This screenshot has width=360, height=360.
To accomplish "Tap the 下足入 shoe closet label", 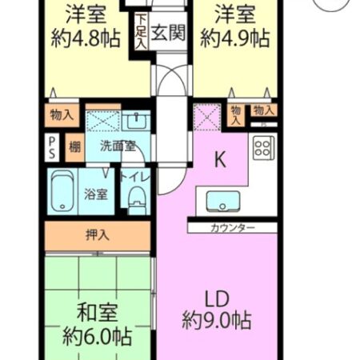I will pos(141,31).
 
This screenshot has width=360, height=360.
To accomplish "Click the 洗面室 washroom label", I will pos(118,146).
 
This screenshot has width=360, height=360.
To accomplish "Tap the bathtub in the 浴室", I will pos(63,192).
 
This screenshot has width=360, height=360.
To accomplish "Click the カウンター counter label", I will pos(233,228).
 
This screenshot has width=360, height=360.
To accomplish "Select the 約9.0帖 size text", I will pos(215,322).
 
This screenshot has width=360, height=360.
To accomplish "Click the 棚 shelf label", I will pos(74,146).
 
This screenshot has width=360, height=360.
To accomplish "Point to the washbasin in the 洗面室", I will pos(135,122).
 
